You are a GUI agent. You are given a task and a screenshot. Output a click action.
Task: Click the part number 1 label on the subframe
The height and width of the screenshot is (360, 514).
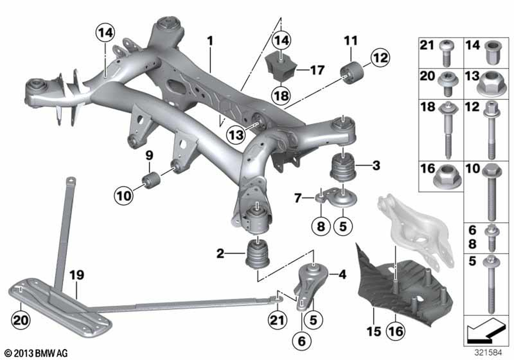point(210,39)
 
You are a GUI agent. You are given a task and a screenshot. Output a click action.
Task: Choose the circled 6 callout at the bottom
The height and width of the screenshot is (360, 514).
point(301,339)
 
